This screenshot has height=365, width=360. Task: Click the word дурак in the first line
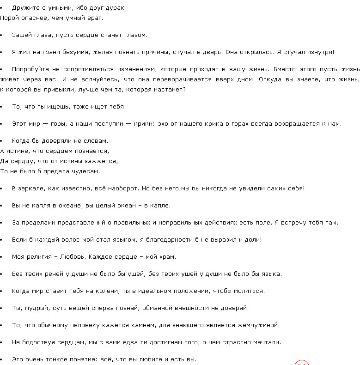click(115, 8)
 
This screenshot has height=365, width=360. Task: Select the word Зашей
click(21, 35)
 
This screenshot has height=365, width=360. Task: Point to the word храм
click(167, 256)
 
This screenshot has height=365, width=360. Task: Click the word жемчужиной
click(257, 325)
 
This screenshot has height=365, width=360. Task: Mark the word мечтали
click(265, 342)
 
